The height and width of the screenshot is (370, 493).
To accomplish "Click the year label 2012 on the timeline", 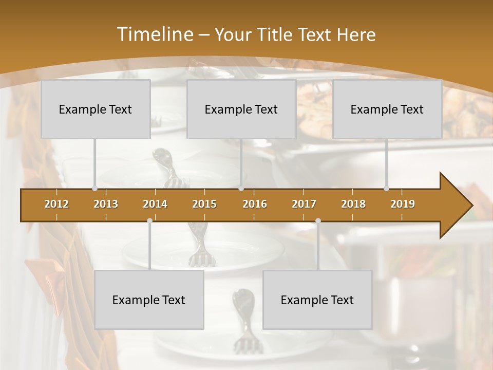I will click(56, 204).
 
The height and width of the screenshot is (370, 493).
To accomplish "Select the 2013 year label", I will click(106, 204).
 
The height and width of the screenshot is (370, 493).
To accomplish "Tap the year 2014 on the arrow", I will click(155, 204).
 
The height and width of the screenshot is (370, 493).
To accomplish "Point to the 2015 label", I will click(204, 204).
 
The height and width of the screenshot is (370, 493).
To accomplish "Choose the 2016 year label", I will click(255, 204).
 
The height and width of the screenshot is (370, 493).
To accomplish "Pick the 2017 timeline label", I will click(304, 204).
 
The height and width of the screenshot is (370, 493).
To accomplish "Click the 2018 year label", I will click(353, 204).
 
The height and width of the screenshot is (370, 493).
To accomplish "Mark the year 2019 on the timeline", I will click(403, 204).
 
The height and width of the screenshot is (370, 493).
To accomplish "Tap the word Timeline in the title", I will click(154, 34).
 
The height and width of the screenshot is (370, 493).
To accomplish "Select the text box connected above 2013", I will click(96, 109).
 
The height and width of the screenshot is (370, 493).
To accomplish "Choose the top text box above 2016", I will click(241, 109).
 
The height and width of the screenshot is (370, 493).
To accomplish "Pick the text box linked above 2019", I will click(387, 109).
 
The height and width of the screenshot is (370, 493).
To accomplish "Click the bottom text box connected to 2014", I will click(149, 300).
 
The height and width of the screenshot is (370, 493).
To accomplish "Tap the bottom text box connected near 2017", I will click(317, 300).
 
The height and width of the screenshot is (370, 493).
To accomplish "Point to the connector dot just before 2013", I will click(94, 189).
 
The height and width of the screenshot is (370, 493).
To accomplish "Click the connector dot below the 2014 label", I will click(149, 220).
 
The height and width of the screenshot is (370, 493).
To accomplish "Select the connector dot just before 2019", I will click(386, 189).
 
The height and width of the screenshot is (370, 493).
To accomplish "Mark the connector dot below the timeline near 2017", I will click(318, 220).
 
